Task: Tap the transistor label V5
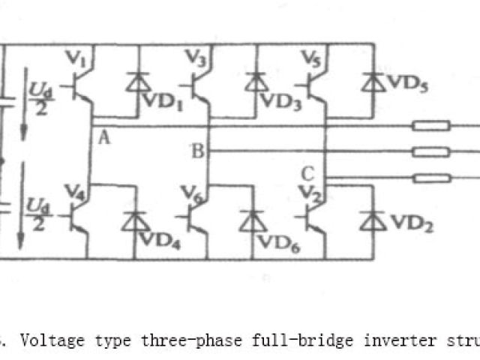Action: [309, 57]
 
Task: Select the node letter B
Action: [197, 152]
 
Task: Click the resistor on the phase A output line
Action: [431, 125]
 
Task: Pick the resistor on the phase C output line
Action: [431, 178]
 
